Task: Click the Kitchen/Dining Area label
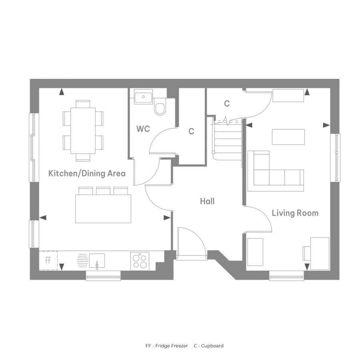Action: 87,173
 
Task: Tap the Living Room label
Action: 295,213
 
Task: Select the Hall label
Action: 207,201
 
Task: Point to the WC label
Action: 143,129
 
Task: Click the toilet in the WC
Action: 160,107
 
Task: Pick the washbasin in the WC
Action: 143,97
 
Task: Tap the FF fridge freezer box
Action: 48,260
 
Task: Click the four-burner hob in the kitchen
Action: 140,261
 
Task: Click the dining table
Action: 83,130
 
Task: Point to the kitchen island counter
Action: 103,209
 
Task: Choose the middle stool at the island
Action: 103,191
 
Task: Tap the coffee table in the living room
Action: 288,137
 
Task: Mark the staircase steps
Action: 228,139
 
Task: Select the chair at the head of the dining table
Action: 83,104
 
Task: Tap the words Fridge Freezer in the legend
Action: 172,346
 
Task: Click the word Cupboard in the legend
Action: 212,346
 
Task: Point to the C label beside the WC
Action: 191,131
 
